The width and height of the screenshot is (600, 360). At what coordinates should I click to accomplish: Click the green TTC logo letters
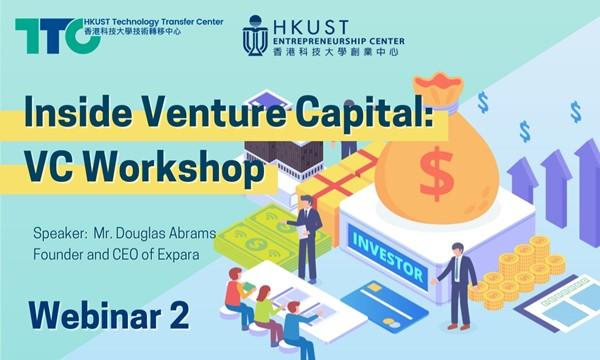pos(57,35)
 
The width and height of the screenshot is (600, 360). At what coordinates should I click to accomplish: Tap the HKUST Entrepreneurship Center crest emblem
pos(255,36)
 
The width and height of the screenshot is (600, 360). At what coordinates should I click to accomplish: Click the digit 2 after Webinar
pos(179,315)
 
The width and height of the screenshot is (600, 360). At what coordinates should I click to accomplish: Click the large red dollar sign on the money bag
pos(437,174)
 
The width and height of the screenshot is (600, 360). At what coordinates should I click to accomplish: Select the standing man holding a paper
pos(306,239)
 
